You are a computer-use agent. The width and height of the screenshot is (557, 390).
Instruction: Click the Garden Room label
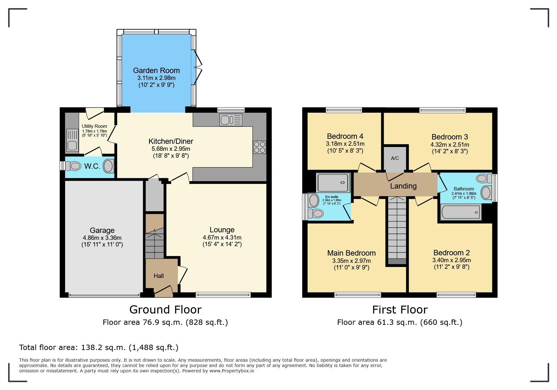156,71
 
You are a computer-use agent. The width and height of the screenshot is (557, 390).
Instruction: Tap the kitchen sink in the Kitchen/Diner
231,120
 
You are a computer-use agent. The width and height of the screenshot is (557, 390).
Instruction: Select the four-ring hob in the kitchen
259,147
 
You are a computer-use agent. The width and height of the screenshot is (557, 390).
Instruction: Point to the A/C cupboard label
395,158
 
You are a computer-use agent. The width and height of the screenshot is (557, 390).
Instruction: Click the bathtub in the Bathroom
461,212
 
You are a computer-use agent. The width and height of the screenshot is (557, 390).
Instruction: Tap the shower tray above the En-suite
333,183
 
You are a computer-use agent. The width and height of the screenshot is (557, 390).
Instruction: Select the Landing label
403,186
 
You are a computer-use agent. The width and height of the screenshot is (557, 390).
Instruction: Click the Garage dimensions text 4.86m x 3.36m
102,238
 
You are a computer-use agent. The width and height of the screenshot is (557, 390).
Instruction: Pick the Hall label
159,276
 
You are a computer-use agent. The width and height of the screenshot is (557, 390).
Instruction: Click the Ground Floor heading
165,310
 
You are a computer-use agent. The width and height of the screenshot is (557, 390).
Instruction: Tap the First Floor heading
400,310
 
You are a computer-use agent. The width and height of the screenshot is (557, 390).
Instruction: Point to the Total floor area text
98,348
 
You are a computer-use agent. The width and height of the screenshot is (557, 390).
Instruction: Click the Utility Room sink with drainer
72,140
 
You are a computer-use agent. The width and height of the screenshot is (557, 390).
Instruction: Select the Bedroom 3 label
449,137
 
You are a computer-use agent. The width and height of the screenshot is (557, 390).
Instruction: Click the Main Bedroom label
351,253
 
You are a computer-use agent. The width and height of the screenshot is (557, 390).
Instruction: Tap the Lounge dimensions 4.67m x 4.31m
222,238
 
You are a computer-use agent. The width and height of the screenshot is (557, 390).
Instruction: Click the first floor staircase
397,230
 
